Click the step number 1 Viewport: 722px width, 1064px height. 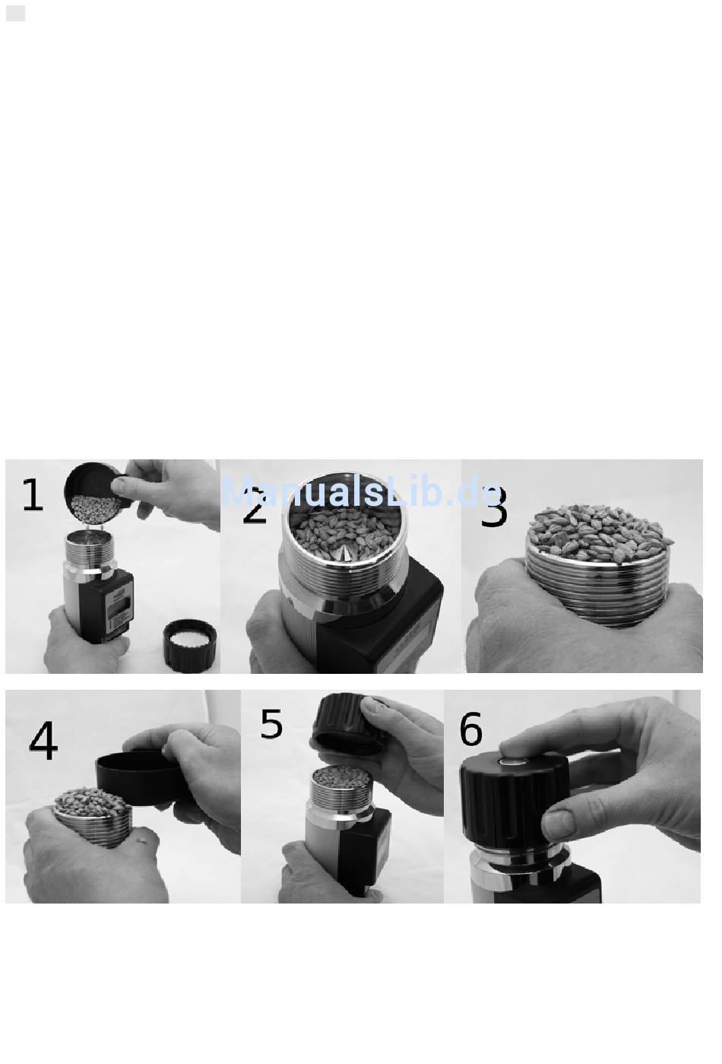pyautogui.click(x=33, y=495)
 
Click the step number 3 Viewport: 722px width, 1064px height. pyautogui.click(x=494, y=507)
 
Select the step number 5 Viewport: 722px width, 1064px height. pyautogui.click(x=271, y=724)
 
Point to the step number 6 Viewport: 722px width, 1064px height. pyautogui.click(x=471, y=729)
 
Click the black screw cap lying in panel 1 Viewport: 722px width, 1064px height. pyautogui.click(x=190, y=645)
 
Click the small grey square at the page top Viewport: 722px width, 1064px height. pyautogui.click(x=16, y=13)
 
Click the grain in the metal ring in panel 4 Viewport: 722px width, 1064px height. pyautogui.click(x=92, y=798)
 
